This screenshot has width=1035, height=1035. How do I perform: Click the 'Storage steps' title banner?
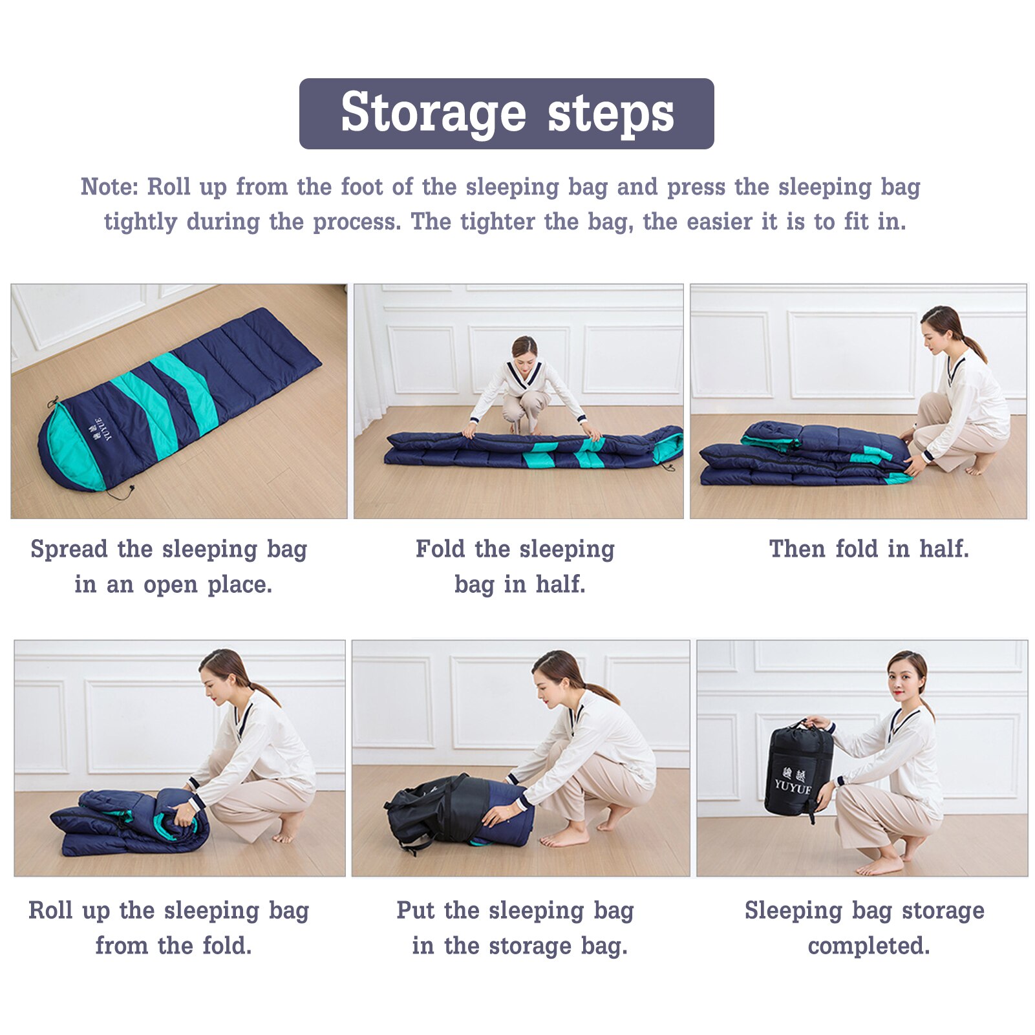pyautogui.click(x=506, y=114)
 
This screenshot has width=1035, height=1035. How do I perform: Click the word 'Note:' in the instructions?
pyautogui.click(x=109, y=187)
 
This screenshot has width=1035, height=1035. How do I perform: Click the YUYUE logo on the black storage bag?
pyautogui.click(x=793, y=781)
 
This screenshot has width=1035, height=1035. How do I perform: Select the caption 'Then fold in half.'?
pyautogui.click(x=869, y=549)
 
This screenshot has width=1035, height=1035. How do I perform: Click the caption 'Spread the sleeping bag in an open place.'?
pyautogui.click(x=169, y=567)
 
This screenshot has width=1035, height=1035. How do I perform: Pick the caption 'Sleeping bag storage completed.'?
pyautogui.click(x=865, y=928)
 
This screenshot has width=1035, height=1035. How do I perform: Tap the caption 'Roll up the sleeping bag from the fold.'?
pyautogui.click(x=169, y=928)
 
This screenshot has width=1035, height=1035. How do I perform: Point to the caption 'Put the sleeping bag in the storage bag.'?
pyautogui.click(x=516, y=928)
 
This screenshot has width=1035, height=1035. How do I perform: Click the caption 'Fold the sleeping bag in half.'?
pyautogui.click(x=516, y=567)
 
